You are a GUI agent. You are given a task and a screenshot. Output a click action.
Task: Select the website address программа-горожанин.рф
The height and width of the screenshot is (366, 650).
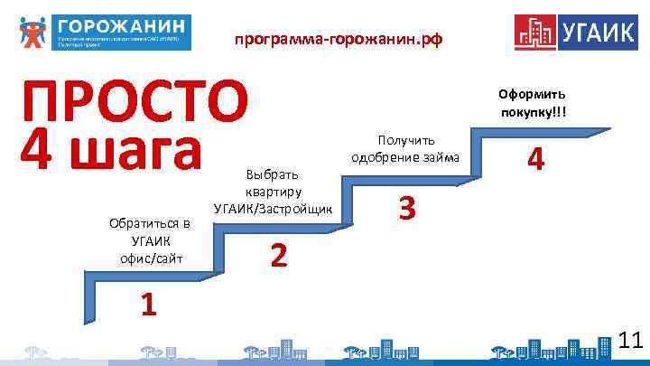339,40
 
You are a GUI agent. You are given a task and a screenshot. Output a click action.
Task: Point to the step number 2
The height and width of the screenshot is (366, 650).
279,257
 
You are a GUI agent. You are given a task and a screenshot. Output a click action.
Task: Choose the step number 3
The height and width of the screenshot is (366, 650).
407,209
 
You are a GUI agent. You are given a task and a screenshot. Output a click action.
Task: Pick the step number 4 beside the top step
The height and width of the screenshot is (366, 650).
536,160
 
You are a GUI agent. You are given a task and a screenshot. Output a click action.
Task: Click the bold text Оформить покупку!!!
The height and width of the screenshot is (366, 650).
532,103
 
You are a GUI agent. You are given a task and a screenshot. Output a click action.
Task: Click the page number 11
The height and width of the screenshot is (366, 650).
631,341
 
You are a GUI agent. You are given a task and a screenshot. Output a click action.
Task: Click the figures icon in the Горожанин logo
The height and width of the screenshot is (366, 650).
32,32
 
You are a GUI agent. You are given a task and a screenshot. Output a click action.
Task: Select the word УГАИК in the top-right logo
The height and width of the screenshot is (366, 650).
597,32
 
